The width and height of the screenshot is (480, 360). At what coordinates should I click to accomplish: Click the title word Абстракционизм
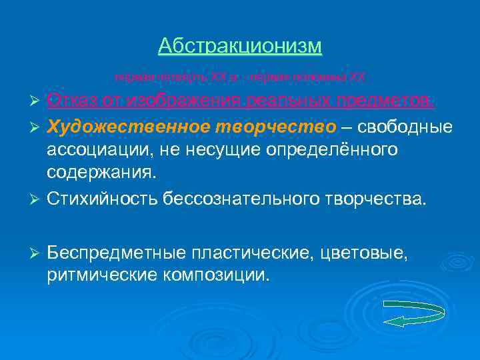240,46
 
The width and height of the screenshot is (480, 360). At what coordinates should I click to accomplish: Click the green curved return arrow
414,313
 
